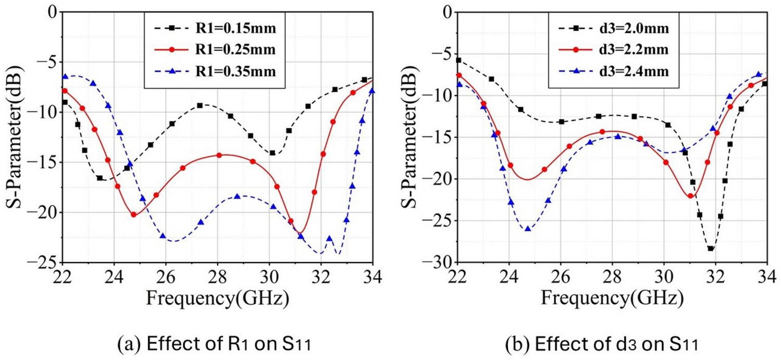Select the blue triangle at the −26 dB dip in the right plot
528,228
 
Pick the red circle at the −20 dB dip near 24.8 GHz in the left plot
133,214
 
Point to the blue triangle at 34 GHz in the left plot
372,90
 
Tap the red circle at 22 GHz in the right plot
458,75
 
